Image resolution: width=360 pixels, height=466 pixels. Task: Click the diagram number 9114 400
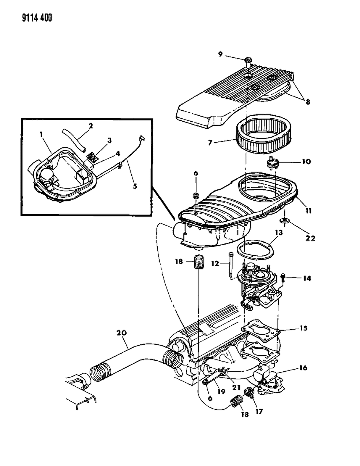[28, 17]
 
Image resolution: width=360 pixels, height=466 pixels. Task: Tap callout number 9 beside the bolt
[220, 54]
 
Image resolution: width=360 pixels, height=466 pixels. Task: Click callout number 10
[306, 161]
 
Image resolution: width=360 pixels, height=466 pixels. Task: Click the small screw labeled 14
[283, 278]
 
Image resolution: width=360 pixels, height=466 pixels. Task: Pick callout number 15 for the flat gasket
[303, 328]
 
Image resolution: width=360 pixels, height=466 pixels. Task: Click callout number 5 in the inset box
[135, 186]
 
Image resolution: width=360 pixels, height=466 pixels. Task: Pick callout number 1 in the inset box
[41, 134]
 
